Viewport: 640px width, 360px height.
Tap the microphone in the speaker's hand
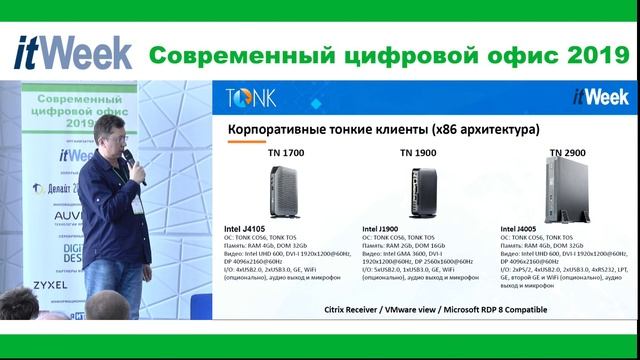tap(131, 163)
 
